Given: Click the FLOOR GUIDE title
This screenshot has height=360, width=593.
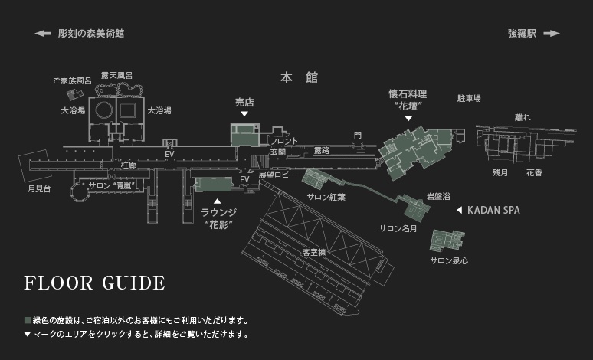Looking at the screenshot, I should pyautogui.click(x=94, y=283).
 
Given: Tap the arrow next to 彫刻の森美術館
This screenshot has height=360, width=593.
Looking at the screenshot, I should pyautogui.click(x=43, y=34).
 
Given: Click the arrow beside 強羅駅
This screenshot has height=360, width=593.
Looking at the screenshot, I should pyautogui.click(x=552, y=34).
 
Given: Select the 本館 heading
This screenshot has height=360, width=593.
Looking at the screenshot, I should pyautogui.click(x=299, y=78).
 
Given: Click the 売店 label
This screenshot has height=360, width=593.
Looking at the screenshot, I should pyautogui.click(x=244, y=101).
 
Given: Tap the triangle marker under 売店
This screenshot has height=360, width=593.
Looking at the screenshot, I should pyautogui.click(x=244, y=114).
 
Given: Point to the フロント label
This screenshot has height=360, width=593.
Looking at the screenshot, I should pyautogui.click(x=284, y=142).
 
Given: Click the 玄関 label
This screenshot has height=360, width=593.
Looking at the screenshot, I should pyautogui.click(x=277, y=152).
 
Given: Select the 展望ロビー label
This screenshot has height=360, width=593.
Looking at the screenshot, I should pyautogui.click(x=277, y=175).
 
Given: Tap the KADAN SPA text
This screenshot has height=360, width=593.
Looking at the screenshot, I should pyautogui.click(x=493, y=210).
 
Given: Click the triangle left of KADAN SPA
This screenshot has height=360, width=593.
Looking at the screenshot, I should pyautogui.click(x=459, y=210).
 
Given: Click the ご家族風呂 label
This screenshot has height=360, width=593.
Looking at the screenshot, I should pyautogui.click(x=72, y=80).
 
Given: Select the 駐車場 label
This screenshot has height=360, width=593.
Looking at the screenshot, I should pyautogui.click(x=468, y=98).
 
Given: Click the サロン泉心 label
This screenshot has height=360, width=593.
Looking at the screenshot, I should pyautogui.click(x=449, y=260).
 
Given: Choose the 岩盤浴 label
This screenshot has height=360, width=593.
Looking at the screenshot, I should pyautogui.click(x=437, y=196).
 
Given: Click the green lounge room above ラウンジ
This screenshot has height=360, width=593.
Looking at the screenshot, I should pyautogui.click(x=214, y=185).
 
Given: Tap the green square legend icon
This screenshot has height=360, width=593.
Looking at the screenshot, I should pyautogui.click(x=28, y=320).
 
